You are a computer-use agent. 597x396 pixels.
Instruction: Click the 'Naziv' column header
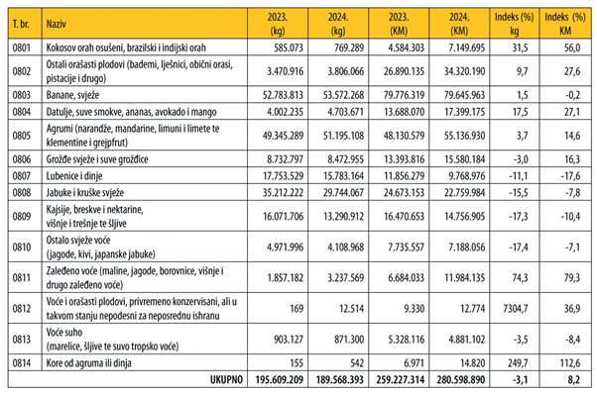coord(56,24)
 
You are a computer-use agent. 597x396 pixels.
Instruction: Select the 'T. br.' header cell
coord(21,24)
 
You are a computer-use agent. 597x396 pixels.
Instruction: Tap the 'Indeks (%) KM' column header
coord(565,24)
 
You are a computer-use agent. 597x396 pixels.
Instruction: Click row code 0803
coord(22,95)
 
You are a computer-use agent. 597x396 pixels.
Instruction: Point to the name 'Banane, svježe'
coord(72,95)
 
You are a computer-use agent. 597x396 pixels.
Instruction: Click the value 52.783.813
coord(283,95)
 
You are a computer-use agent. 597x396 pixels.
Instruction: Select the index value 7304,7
coord(515,308)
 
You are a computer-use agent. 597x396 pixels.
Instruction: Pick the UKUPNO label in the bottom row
coord(226,379)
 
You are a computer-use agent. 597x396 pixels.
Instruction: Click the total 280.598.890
coord(461,379)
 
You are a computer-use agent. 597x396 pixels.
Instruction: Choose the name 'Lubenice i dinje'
coord(74,176)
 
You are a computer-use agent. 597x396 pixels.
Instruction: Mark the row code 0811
coord(22,278)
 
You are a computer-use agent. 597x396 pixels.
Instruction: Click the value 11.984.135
coord(465,278)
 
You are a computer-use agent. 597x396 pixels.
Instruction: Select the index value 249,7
coord(517,363)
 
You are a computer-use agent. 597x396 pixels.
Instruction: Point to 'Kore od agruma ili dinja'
coord(88,363)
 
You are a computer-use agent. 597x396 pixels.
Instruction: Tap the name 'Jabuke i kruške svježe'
coord(85,193)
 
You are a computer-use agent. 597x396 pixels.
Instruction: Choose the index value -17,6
coord(570,176)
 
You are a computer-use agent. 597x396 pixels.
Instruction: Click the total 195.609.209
coord(280,379)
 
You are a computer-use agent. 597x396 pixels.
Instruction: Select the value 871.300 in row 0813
coord(349,339)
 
